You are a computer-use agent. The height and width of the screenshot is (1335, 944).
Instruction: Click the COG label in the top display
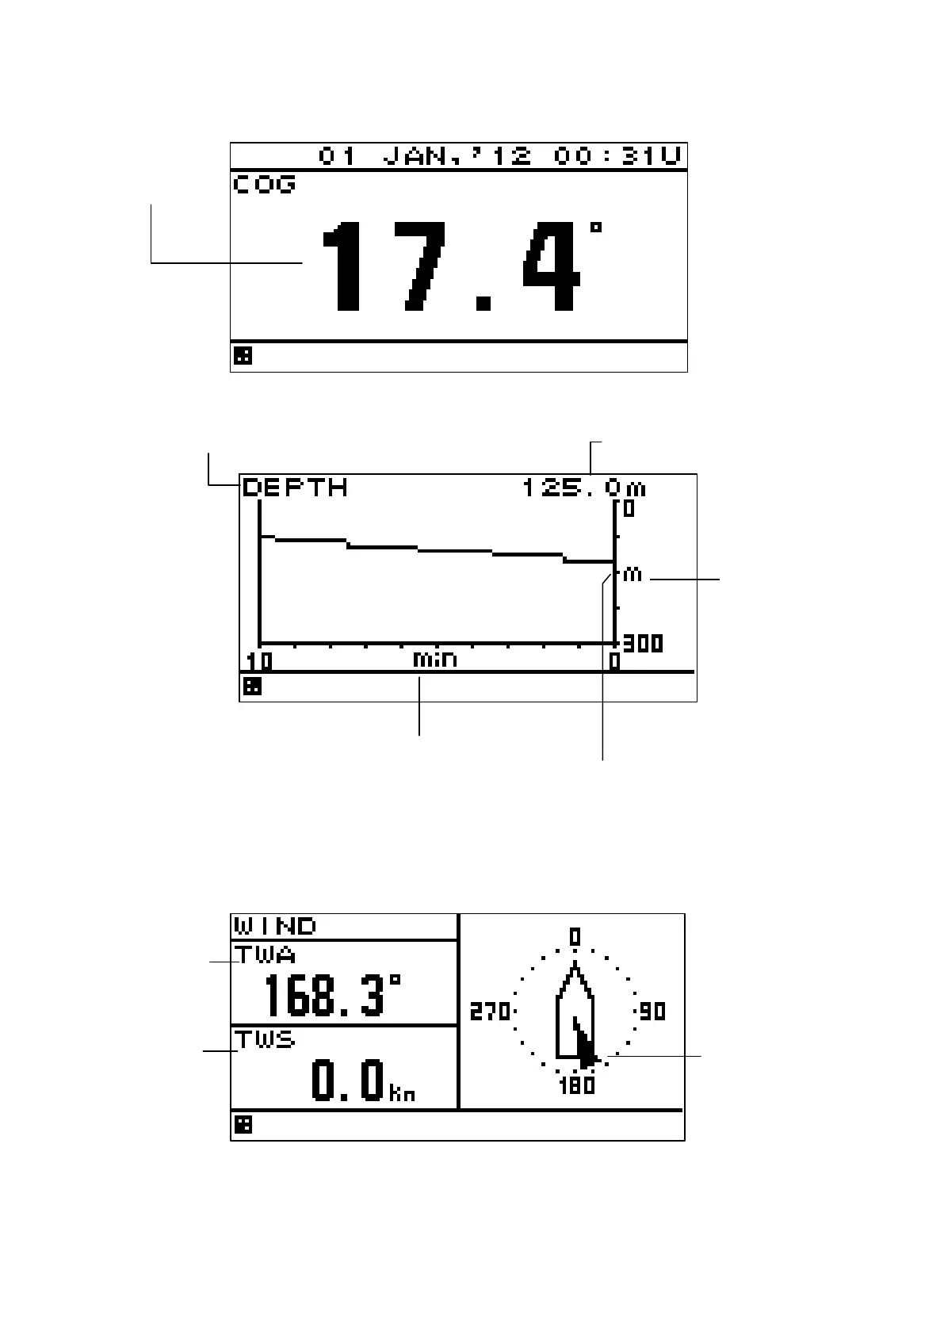(x=264, y=184)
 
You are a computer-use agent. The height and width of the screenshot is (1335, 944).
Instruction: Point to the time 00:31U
(x=617, y=156)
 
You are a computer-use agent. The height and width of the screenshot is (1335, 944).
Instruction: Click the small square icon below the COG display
(x=243, y=356)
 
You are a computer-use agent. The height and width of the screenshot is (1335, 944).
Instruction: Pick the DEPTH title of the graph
(x=295, y=488)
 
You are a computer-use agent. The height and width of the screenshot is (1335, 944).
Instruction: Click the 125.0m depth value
(x=584, y=488)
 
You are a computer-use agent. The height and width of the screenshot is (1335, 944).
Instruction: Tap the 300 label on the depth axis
(x=643, y=644)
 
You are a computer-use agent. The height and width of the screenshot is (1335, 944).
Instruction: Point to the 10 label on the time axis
(x=259, y=661)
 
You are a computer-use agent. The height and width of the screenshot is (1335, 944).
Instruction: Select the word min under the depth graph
(x=435, y=659)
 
